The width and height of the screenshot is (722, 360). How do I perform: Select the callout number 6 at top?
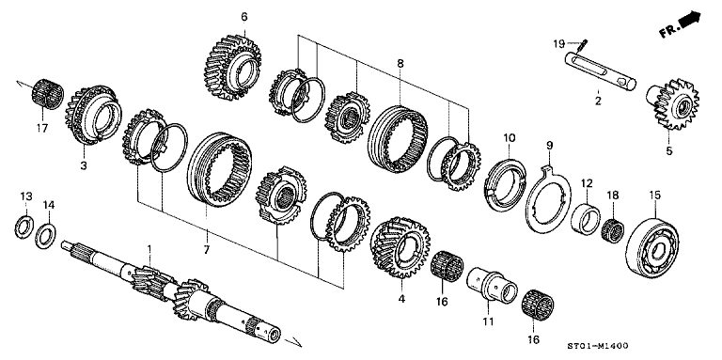[244, 17]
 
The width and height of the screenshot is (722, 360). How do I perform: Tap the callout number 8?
[400, 64]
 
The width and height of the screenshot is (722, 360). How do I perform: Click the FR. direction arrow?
[683, 23]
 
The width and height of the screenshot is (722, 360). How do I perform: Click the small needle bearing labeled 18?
[614, 228]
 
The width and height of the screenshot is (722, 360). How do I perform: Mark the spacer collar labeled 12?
[584, 220]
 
